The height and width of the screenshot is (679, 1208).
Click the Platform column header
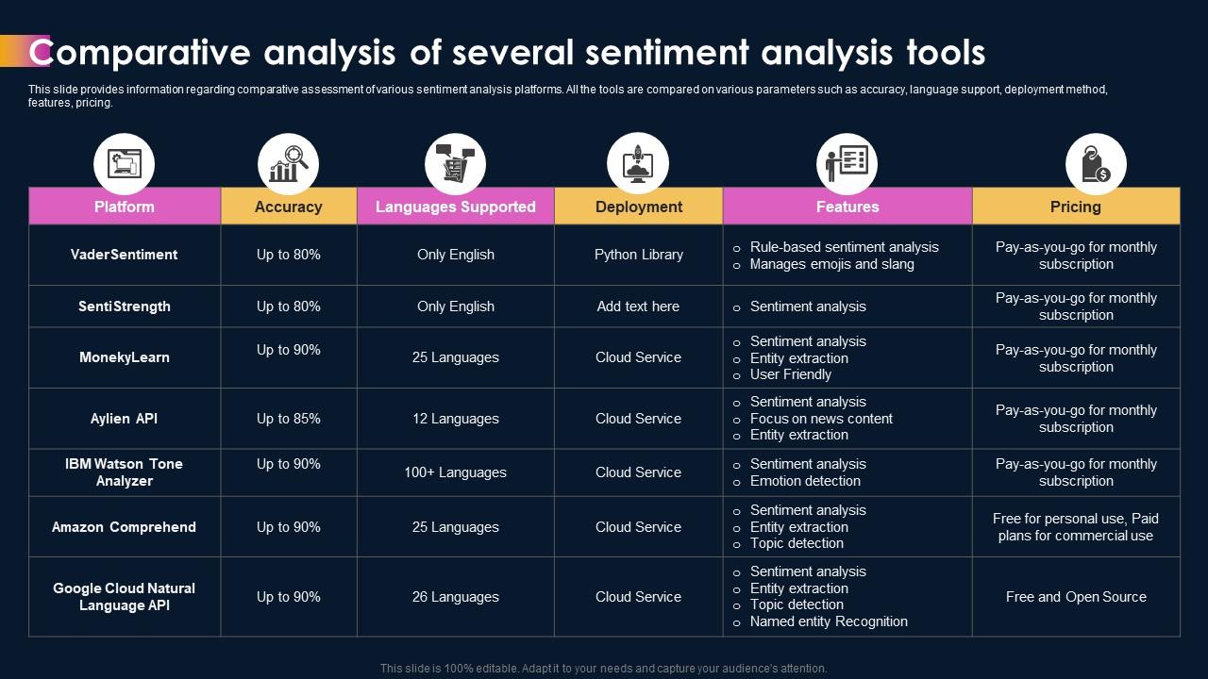click(x=125, y=207)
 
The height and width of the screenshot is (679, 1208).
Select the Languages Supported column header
click(x=455, y=207)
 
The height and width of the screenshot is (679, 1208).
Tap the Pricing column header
click(x=1075, y=207)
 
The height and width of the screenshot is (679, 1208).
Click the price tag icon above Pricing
click(x=1095, y=164)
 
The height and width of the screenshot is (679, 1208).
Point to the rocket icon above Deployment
click(x=637, y=164)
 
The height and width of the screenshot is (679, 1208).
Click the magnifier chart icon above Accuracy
click(x=288, y=164)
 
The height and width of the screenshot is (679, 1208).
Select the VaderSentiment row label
click(x=125, y=255)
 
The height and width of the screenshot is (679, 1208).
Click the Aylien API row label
click(x=125, y=419)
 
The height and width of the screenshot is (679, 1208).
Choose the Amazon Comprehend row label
click(x=125, y=527)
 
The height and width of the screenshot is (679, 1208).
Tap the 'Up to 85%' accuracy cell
click(x=288, y=419)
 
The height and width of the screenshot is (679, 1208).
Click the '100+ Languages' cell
click(x=455, y=472)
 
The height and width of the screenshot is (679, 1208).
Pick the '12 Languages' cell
click(x=455, y=419)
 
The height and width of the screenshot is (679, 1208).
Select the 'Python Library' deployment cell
click(x=638, y=255)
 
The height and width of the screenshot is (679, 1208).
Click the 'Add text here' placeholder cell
click(x=638, y=306)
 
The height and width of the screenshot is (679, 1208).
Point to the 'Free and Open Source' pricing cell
click(x=1076, y=597)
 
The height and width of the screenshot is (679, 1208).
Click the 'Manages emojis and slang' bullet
click(x=831, y=264)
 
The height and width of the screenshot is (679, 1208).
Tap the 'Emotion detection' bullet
click(x=805, y=481)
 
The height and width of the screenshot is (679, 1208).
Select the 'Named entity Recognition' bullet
click(x=829, y=621)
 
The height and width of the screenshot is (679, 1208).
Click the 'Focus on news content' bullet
click(x=821, y=419)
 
